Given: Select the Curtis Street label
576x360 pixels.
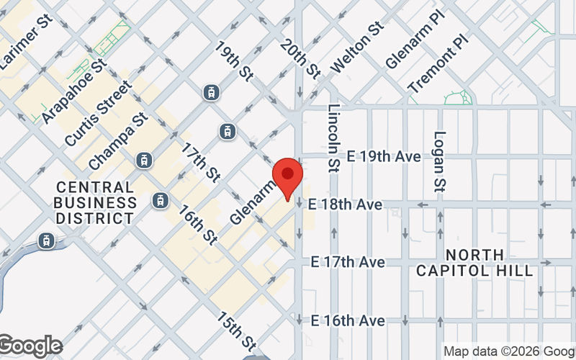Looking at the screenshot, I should click(x=98, y=114).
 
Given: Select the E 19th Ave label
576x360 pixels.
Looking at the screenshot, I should click(x=383, y=156).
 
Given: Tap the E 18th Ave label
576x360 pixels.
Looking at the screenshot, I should click(x=345, y=205).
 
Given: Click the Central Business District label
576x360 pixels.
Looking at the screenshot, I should click(x=96, y=202).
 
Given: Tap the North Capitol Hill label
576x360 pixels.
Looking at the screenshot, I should click(x=475, y=263).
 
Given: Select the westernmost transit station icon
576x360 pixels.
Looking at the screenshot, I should click(x=48, y=240).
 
